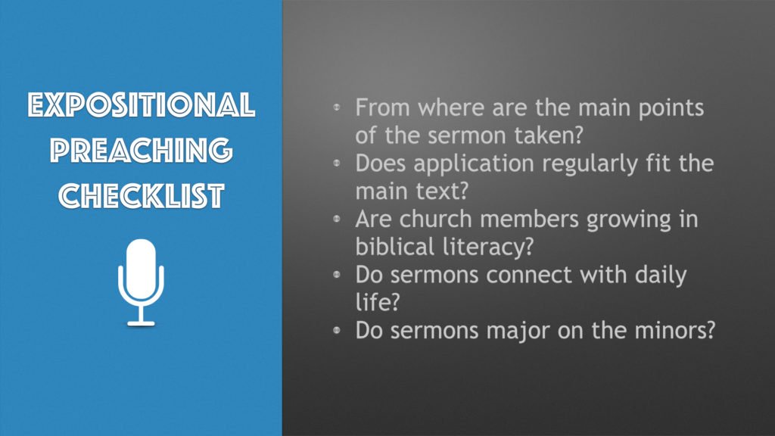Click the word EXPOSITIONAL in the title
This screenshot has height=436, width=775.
tap(142, 104)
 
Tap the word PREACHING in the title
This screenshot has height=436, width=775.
tap(142, 150)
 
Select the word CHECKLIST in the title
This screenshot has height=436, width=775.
tap(142, 195)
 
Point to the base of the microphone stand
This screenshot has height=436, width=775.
tap(141, 324)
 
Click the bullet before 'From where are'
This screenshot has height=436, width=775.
tap(337, 107)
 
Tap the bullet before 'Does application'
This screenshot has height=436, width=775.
tap(337, 163)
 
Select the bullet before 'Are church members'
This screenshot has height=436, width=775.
tap(337, 219)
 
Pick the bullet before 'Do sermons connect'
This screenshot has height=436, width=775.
tap(337, 274)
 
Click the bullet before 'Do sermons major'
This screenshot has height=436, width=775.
tap(337, 330)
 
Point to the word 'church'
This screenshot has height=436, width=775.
tap(435, 219)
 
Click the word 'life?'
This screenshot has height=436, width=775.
tap(377, 302)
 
